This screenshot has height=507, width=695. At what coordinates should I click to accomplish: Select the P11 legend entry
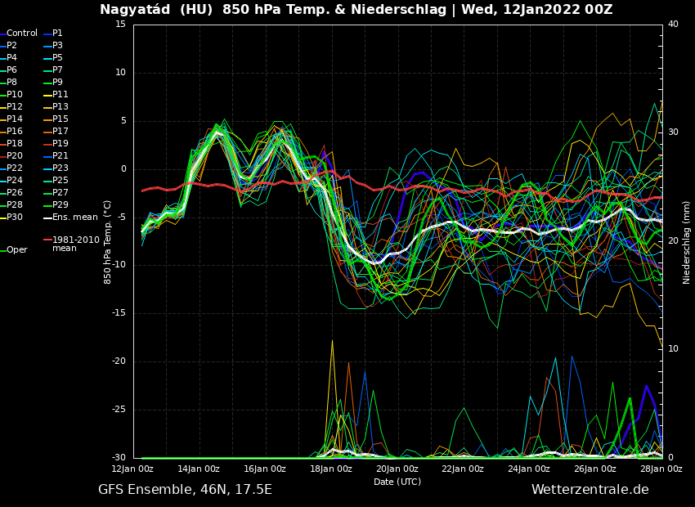61,95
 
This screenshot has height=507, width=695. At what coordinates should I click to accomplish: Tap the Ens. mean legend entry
74,218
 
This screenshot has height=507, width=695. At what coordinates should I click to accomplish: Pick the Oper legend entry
17,250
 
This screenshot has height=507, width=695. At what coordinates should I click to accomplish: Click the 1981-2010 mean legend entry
75,244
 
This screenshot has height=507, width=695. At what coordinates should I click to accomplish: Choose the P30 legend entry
15,218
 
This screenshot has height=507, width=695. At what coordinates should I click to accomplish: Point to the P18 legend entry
15,144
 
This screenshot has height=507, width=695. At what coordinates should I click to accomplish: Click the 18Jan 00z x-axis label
331,469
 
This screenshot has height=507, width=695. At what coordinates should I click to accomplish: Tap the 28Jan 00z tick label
661,469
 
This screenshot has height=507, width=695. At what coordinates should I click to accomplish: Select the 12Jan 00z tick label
132,469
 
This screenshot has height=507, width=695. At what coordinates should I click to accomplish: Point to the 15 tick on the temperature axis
120,25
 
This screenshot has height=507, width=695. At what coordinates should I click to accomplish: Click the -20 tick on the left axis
119,361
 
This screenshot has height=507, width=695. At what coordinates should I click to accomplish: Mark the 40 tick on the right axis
673,25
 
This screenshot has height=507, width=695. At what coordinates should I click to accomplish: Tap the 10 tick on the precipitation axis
673,349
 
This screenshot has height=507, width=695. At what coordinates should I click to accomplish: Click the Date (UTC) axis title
397,482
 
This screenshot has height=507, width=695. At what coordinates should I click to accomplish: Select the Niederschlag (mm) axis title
687,242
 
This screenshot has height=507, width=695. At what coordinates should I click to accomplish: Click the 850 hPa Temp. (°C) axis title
108,242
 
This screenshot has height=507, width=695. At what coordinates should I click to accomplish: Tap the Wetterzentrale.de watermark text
590,490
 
